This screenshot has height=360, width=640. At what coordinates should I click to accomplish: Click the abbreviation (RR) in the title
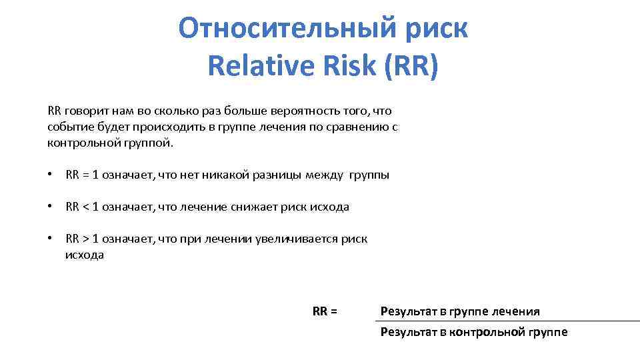411,66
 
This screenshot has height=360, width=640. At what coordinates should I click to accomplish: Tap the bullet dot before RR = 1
50,175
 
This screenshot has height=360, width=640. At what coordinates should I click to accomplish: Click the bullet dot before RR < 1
50,207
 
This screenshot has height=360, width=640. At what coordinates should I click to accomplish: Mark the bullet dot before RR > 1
50,239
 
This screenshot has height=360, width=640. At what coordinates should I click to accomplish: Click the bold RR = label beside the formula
325,311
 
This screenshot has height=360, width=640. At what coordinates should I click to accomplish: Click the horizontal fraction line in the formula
507,321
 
